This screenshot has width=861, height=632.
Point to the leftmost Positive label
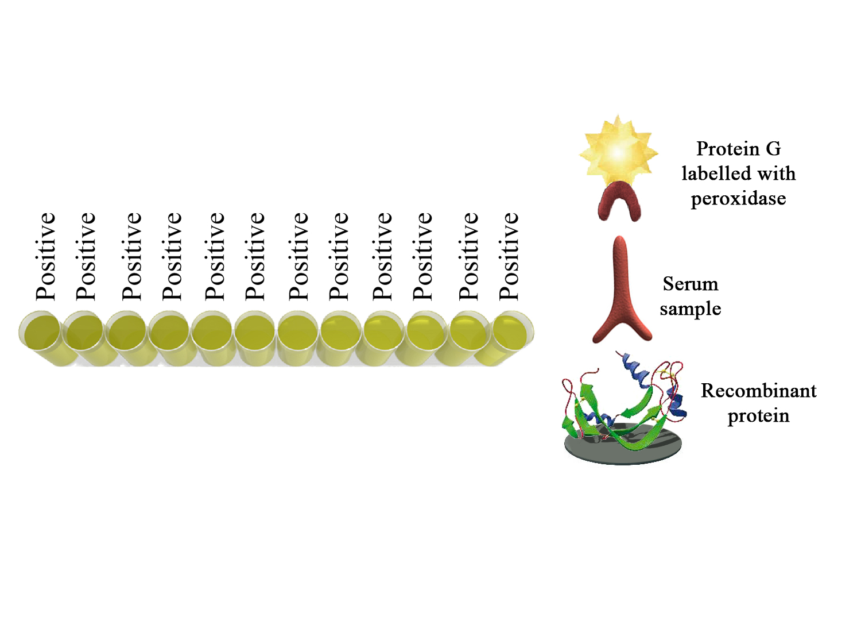[46, 256]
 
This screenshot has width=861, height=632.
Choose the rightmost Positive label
[509, 256]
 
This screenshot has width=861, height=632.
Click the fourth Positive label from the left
[172, 256]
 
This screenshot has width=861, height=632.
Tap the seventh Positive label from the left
[298, 256]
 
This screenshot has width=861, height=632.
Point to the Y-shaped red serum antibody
[622, 292]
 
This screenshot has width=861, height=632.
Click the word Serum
[691, 284]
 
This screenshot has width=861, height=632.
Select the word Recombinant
[758, 391]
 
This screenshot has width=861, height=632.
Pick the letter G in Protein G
[773, 148]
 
